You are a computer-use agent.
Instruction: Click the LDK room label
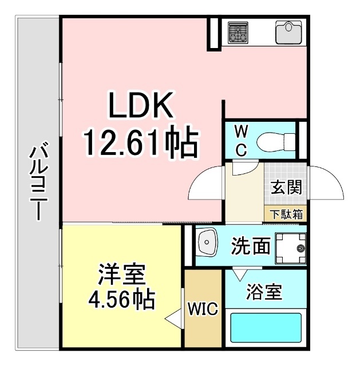[141, 105]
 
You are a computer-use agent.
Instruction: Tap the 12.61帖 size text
[141, 142]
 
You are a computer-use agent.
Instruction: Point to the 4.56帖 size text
[122, 298]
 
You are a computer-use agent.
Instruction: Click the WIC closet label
[203, 309]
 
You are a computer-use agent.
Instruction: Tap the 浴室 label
[264, 292]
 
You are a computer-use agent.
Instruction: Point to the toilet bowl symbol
[274, 140]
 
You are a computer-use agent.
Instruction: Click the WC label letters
[242, 141]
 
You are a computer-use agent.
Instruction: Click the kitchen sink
[288, 31]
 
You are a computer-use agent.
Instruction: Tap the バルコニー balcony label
[38, 184]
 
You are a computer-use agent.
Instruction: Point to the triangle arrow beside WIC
[173, 318]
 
